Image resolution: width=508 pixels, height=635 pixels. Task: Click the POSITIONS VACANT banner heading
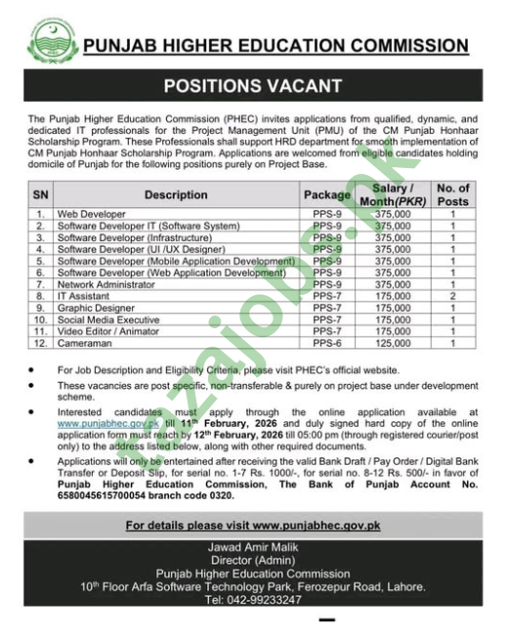pos(253,87)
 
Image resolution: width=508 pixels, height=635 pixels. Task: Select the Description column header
pos(176,195)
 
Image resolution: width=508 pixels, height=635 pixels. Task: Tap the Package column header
pos(326,195)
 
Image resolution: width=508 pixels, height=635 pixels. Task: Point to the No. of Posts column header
pos(452,194)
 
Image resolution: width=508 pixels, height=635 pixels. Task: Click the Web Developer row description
pos(92,213)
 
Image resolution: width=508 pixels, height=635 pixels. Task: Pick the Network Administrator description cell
pos(108,283)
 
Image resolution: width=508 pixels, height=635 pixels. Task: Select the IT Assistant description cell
pos(83,295)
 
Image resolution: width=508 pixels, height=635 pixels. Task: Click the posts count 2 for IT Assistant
pos(452,295)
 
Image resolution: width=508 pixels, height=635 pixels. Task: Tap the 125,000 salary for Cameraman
pos(392,343)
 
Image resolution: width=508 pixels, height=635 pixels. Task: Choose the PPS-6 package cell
pos(326,343)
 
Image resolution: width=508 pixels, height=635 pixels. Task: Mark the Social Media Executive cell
pos(108,319)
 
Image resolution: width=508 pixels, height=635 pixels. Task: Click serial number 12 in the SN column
pos(40,343)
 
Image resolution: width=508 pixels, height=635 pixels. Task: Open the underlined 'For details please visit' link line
pos(253,525)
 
